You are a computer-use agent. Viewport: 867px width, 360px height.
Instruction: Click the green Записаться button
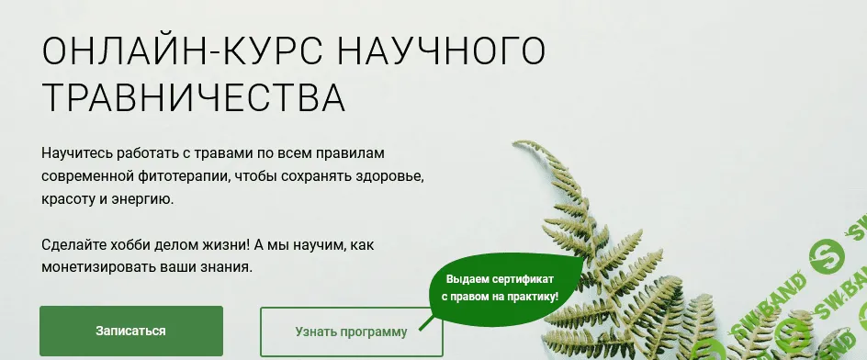[x=131, y=331]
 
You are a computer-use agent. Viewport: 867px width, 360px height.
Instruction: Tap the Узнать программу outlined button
[x=351, y=332]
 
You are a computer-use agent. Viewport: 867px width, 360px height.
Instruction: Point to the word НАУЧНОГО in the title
[x=439, y=53]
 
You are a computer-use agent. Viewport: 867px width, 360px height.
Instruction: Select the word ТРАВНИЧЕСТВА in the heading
[x=194, y=97]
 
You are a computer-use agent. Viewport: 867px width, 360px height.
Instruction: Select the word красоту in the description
[x=67, y=197]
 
